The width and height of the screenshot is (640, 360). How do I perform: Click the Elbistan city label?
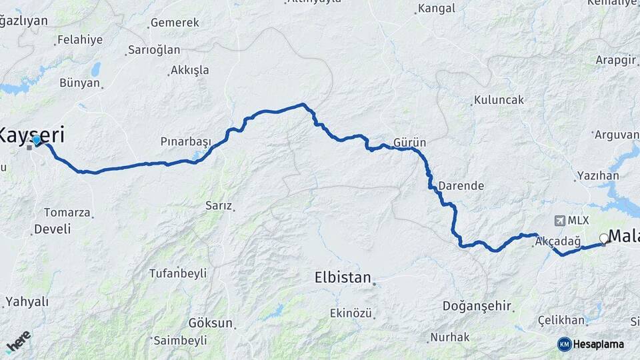[342, 277]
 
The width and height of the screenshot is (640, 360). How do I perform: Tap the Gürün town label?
[409, 143]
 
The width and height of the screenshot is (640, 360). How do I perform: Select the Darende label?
[461, 185]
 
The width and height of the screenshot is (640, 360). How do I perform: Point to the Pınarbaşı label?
[185, 141]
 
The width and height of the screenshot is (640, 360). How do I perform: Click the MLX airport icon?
[558, 220]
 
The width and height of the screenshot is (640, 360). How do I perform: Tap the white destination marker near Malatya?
[604, 238]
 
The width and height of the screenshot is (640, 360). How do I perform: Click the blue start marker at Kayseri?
[37, 141]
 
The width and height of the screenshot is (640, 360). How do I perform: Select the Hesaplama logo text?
[598, 344]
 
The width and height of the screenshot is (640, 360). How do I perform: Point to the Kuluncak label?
[499, 100]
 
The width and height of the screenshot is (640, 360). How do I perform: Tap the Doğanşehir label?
[477, 306]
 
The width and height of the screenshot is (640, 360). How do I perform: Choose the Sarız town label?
[218, 206]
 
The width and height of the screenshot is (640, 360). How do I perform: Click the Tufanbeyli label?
[177, 273]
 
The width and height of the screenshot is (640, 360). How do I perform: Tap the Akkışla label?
[189, 70]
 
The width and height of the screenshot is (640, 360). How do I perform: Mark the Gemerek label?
[175, 23]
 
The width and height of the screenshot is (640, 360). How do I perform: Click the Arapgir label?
[616, 59]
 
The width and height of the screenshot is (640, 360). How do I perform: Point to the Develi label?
[51, 229]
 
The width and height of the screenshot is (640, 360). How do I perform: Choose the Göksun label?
[211, 323]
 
